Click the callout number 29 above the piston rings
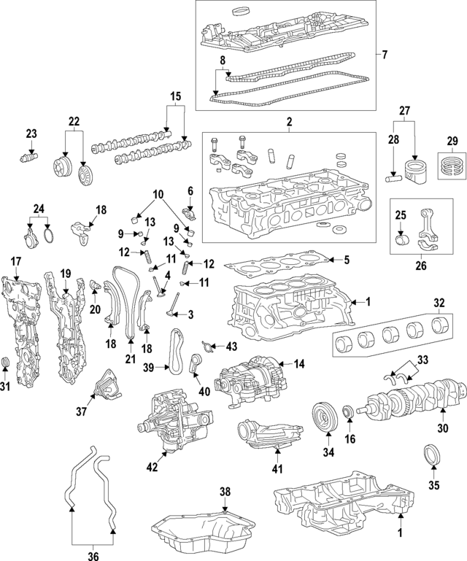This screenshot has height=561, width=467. [x=451, y=140]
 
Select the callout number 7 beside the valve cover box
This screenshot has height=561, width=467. [x=385, y=55]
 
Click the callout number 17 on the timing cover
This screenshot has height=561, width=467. [x=16, y=261]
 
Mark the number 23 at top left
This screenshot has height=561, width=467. [x=31, y=133]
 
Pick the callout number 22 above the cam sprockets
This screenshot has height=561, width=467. [x=74, y=121]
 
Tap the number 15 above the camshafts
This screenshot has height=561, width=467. [x=175, y=96]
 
